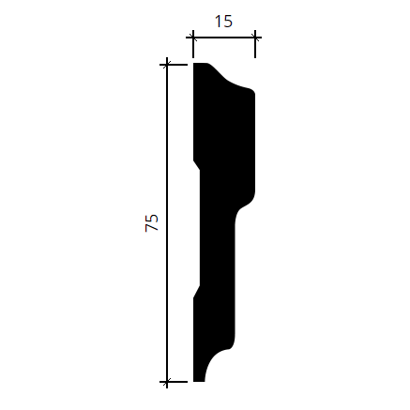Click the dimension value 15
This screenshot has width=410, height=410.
(223, 22)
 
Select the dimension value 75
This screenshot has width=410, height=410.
(152, 222)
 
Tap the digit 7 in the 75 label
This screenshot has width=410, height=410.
(152, 227)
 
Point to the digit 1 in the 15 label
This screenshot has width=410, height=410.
(218, 22)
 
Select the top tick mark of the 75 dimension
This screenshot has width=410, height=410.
(167, 65)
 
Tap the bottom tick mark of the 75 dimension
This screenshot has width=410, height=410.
(167, 382)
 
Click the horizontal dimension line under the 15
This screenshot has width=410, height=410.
(224, 38)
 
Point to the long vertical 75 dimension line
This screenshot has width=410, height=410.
(167, 223)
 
